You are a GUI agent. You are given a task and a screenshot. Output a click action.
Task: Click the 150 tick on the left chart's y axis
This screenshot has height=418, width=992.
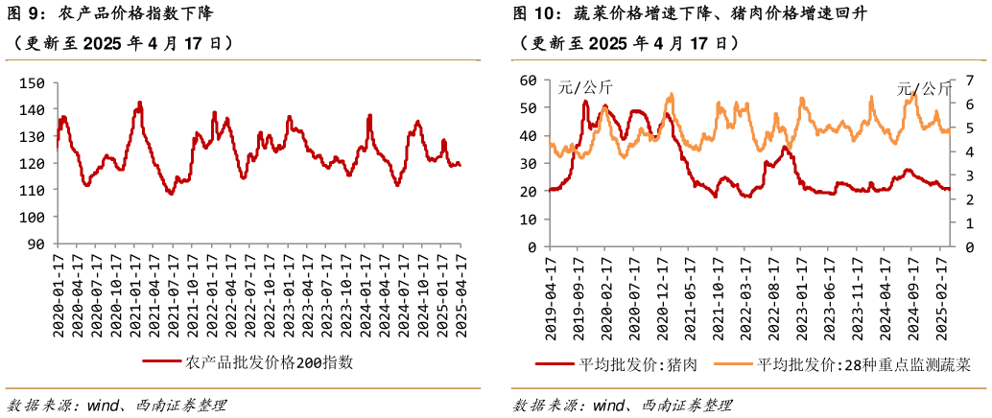point(31,83)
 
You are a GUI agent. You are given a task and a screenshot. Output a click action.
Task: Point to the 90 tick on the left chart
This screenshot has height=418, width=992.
point(35,244)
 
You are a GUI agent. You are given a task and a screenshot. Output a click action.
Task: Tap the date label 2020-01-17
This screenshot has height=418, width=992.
point(58,292)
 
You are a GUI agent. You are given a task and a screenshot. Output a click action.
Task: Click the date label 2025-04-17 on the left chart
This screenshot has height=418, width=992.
point(460,292)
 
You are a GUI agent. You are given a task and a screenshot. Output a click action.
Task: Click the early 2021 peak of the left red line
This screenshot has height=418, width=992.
point(139,102)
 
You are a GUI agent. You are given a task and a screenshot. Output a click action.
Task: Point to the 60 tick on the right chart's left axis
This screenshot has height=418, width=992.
point(528,81)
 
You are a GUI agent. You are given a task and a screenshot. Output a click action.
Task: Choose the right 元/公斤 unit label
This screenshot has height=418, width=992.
point(925,88)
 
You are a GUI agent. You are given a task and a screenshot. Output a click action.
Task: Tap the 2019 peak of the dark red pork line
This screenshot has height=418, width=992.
point(585,102)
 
